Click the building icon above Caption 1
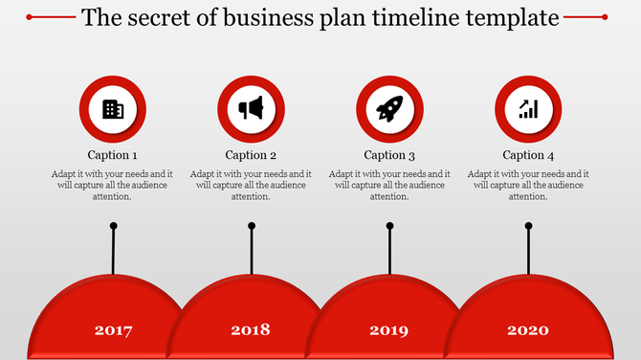tap(113, 109)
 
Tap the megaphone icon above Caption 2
tap(252, 109)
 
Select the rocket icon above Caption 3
tap(389, 109)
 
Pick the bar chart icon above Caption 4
tap(528, 109)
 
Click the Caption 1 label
tap(113, 155)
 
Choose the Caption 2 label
tap(252, 155)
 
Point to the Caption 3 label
tap(389, 155)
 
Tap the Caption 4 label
tap(528, 155)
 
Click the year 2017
tap(113, 331)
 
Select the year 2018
tap(251, 330)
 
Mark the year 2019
tap(389, 331)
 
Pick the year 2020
tap(528, 330)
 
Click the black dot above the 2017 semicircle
tap(114, 226)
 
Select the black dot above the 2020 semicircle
tap(529, 226)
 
